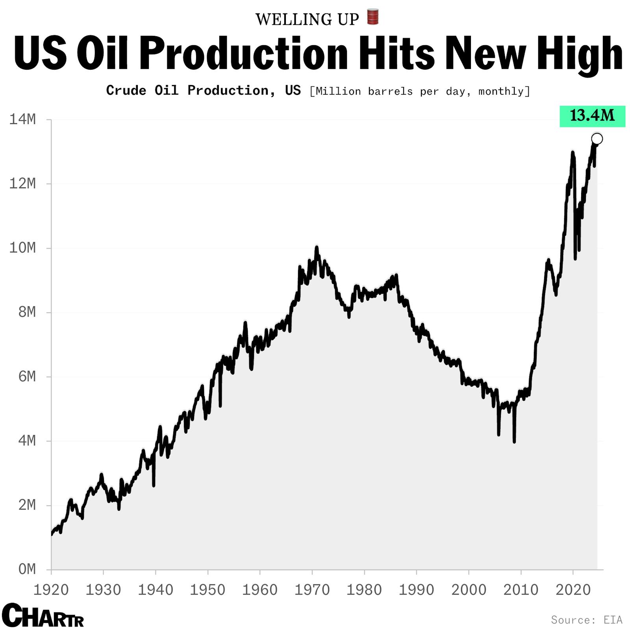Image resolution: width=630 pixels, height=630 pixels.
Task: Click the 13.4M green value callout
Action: (592, 116)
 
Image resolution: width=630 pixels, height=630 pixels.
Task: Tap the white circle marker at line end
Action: (597, 139)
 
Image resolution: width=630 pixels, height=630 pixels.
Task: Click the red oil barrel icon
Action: (372, 17)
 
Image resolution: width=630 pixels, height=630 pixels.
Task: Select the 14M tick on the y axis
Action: (22, 119)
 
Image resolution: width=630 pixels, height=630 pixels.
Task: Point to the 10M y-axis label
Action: (22, 248)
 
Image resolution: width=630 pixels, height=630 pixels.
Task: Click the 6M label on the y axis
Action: (27, 377)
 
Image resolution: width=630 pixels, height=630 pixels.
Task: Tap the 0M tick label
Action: (27, 569)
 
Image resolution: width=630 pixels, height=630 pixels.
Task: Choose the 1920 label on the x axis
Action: (51, 590)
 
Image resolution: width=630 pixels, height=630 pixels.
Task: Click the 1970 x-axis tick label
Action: (312, 590)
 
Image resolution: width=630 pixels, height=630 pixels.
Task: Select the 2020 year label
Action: (573, 590)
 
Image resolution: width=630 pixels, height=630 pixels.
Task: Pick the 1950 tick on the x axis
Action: (208, 590)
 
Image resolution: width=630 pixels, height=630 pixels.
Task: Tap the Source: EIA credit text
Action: (586, 620)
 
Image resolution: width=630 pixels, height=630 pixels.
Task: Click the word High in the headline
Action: (578, 54)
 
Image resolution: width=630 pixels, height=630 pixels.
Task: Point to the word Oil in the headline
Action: (102, 54)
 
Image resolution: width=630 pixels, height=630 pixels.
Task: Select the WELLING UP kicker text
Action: (307, 19)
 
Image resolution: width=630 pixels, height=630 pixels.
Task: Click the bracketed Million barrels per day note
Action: (420, 91)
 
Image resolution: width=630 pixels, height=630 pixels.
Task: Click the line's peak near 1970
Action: (316, 248)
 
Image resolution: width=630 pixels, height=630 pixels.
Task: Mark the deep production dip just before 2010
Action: (514, 441)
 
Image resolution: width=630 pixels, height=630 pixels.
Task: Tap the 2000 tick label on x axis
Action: (469, 590)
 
